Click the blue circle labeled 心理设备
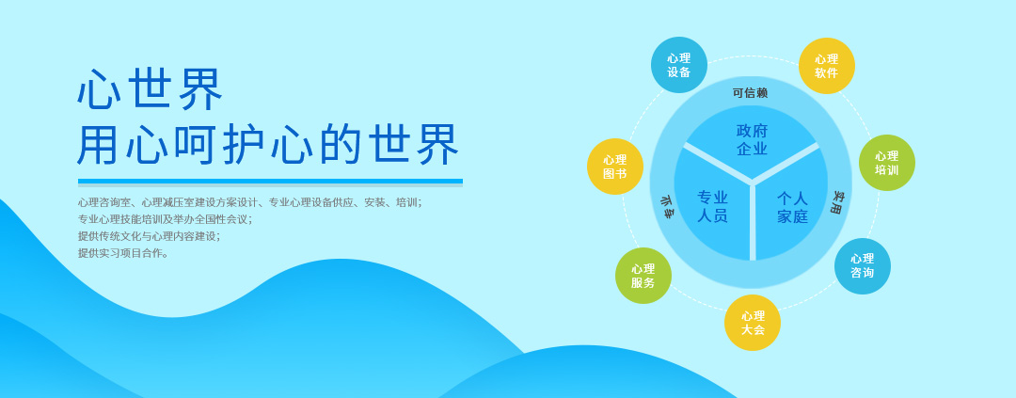(679, 65)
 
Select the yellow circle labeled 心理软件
(826, 66)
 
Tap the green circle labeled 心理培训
(886, 163)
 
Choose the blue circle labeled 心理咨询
(862, 265)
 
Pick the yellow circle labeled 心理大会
(753, 322)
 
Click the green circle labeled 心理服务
(643, 276)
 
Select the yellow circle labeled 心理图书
(615, 167)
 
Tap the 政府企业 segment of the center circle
(752, 138)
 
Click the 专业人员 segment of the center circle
(712, 206)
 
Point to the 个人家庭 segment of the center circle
(792, 206)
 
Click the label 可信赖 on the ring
(751, 93)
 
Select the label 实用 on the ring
(837, 202)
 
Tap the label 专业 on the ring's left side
(666, 207)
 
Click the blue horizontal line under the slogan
(270, 182)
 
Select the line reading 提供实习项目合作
(124, 253)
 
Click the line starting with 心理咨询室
(250, 202)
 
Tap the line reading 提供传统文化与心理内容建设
(149, 236)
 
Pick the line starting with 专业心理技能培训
(166, 219)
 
